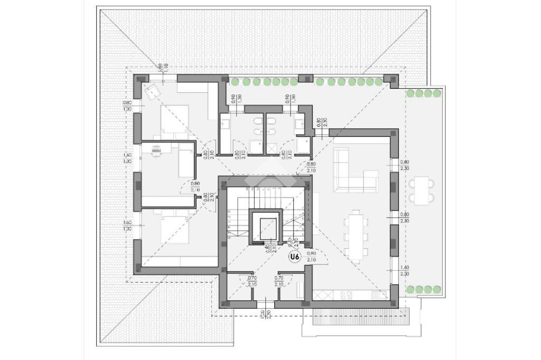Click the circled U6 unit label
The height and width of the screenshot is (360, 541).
(295, 257)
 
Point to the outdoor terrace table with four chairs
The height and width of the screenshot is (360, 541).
(421, 191)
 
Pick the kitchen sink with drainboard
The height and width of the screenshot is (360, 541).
(378, 295)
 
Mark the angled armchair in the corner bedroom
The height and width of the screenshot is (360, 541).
(153, 90)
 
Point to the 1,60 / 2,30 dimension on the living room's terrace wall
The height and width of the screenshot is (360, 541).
(405, 271)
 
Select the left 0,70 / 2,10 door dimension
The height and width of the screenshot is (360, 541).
(252, 281)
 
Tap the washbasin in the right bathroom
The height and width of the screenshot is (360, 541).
(299, 124)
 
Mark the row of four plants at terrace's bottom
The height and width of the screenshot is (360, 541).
(424, 289)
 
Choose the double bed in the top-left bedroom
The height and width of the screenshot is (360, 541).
(174, 119)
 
